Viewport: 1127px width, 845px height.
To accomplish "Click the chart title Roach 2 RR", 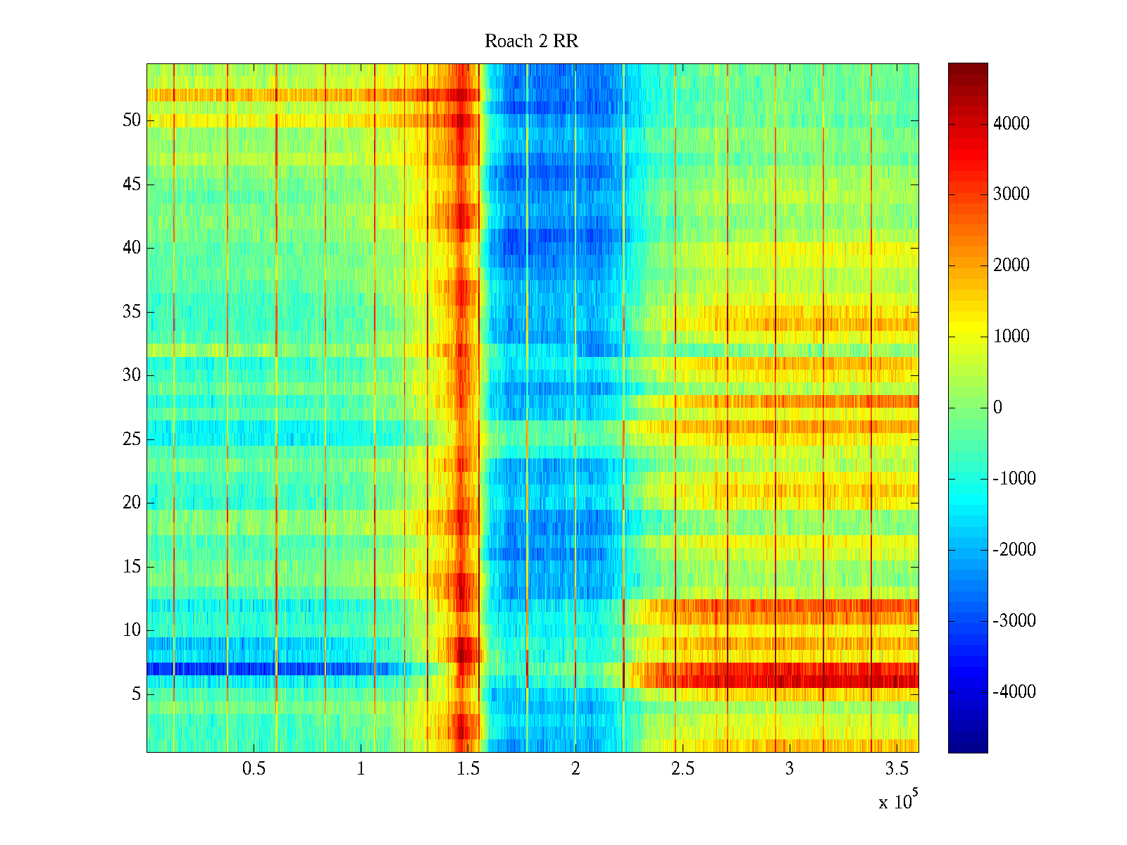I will pos(531,42).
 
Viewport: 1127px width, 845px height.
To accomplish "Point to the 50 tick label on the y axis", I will pos(132,120).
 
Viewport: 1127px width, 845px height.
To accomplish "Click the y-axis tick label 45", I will pos(132,184).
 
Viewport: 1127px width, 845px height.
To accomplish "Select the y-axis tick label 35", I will pos(132,312).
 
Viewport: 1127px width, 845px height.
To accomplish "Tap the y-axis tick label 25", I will pos(132,439).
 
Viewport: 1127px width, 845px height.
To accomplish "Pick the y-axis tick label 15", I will pos(132,567).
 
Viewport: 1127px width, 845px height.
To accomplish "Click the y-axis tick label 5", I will pos(136,694).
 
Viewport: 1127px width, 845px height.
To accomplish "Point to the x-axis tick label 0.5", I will pos(254,769).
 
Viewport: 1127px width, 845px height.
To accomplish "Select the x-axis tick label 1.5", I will pos(468,769).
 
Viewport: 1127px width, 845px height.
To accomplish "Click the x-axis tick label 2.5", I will pos(683,769).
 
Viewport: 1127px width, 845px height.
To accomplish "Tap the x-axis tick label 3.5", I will pos(897,769).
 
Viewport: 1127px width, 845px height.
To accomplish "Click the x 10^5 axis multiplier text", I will pos(899,801).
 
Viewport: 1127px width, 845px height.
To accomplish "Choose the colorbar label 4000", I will pos(1011,124).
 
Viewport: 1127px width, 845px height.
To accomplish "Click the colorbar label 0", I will pos(997,408).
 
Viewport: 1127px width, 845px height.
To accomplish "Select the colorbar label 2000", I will pos(1011,265).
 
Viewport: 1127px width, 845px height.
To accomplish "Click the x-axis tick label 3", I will pos(790,769).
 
